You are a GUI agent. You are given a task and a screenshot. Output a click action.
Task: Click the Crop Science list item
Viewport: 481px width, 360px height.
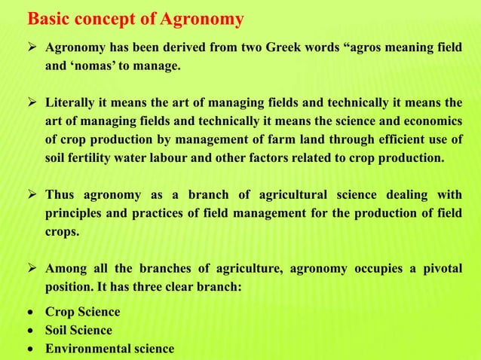tap(82, 312)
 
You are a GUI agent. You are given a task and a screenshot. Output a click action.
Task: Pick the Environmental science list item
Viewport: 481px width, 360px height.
tap(109, 349)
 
